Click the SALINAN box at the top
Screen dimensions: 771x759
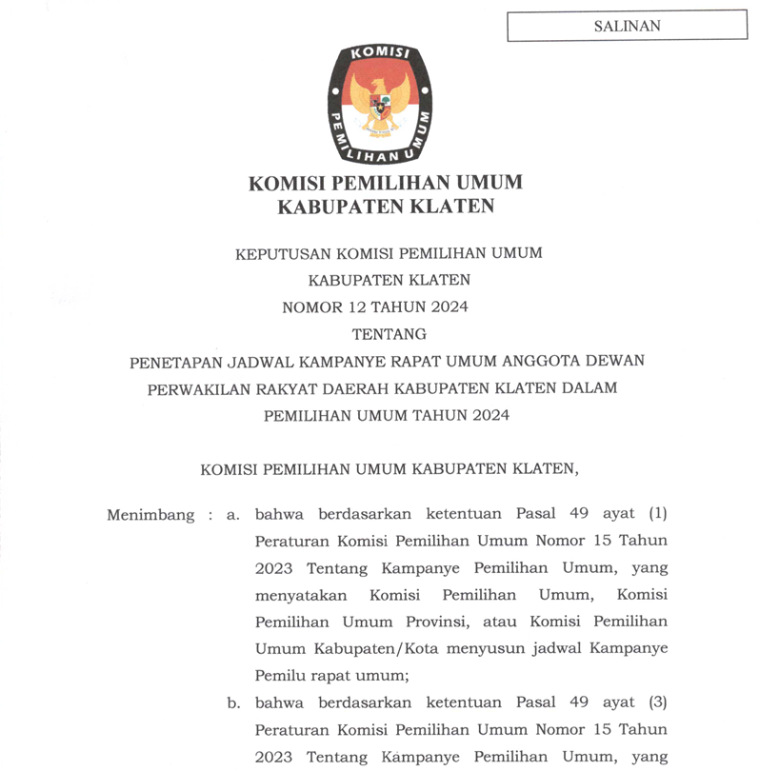(627, 26)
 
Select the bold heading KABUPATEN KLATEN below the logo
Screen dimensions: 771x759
(386, 207)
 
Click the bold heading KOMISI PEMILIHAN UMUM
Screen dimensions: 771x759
(386, 182)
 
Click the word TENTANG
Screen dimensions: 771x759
(389, 334)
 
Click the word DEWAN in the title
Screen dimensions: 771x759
(616, 361)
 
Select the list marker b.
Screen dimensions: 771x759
(231, 703)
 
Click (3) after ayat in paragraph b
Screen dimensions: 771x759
(657, 703)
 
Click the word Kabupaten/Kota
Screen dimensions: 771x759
(370, 649)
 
